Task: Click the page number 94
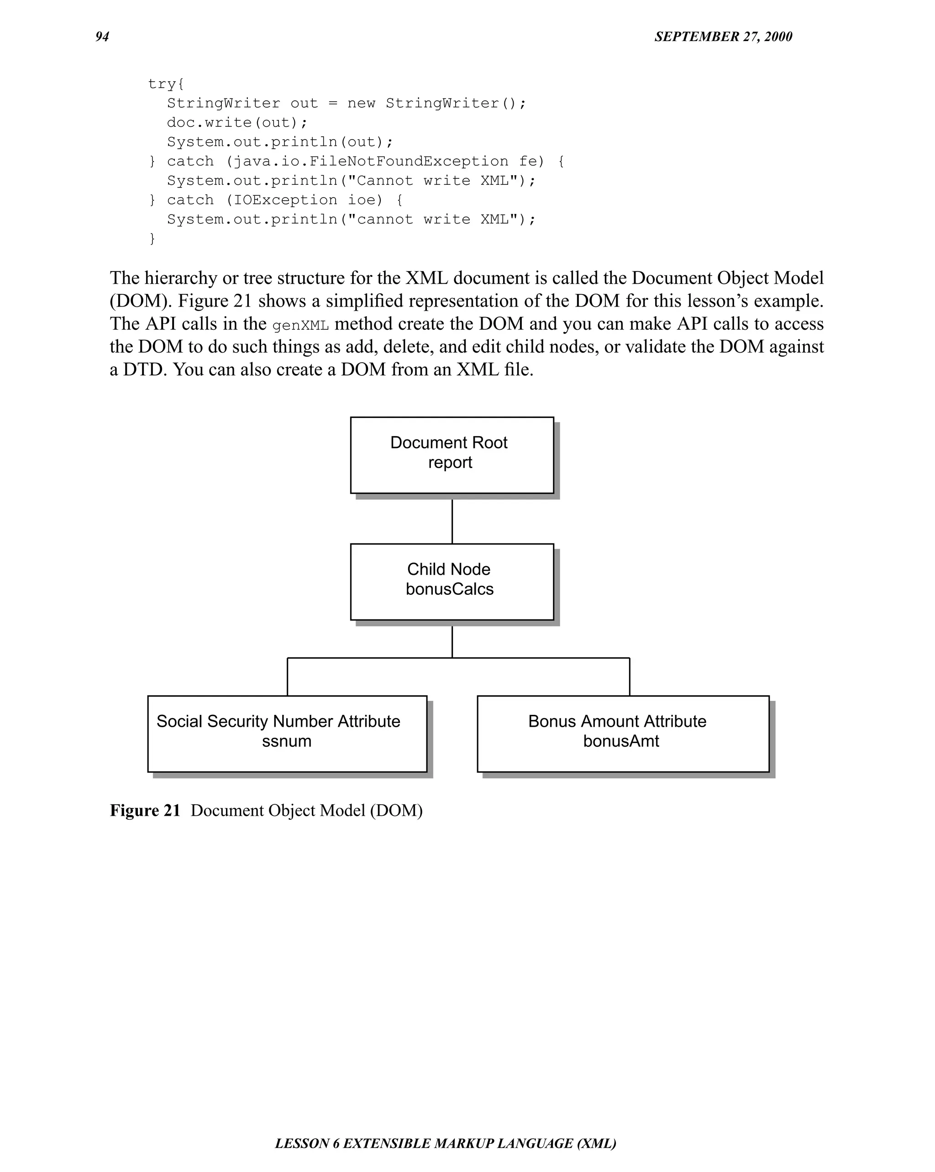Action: tap(102, 36)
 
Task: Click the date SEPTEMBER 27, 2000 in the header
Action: tap(723, 36)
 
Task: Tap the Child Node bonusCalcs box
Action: tap(452, 582)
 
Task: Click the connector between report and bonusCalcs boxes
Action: tap(452, 521)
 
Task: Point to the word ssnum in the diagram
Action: tap(287, 741)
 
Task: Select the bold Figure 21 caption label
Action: tap(145, 811)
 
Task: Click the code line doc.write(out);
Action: tap(237, 123)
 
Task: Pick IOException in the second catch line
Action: tap(285, 200)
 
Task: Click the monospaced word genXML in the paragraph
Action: tap(300, 326)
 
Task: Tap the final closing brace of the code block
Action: tap(152, 239)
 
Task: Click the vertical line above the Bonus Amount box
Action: tap(629, 676)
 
